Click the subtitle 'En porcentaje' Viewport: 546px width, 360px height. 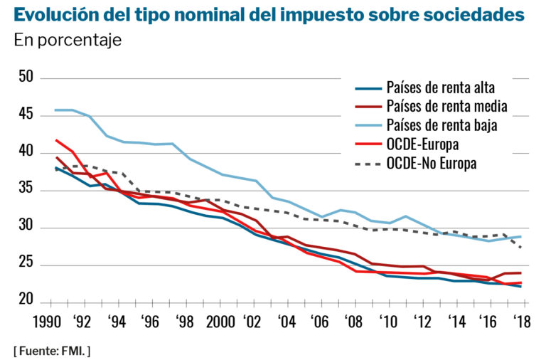[x=68, y=40]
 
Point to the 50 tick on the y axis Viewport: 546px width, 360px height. [x=26, y=77]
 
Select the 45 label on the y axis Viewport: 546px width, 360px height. [x=26, y=115]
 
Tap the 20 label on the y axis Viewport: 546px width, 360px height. [x=26, y=301]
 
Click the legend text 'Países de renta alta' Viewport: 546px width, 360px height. [x=440, y=88]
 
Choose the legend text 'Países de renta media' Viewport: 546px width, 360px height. [x=446, y=107]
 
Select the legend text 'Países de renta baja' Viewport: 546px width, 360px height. [x=441, y=125]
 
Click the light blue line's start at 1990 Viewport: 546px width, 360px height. [x=55, y=110]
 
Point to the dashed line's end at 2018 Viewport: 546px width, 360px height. [x=521, y=248]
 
